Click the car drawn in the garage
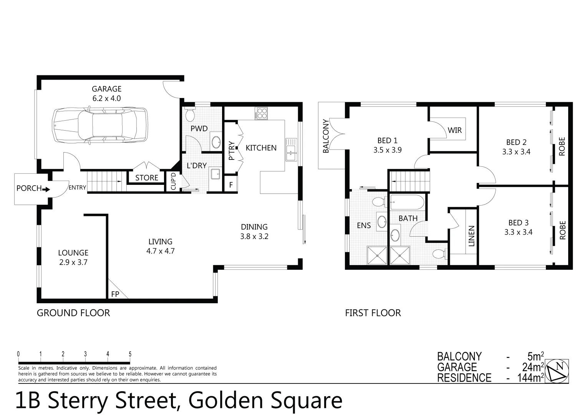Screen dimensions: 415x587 coord(100,125)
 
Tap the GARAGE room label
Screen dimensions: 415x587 coord(106,89)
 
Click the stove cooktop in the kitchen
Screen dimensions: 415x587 coord(262,113)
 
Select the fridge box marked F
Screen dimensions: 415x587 coord(231,185)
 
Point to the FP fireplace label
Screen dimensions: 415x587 coord(115,294)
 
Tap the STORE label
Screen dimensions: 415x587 coord(147,178)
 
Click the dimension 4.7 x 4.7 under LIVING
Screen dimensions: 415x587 coord(160,251)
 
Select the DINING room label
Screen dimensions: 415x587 coord(254,227)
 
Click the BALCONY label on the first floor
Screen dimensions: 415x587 coord(326,136)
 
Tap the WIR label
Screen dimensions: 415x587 coord(454,130)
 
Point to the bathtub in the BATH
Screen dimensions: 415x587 coord(407,202)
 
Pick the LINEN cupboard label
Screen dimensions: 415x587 coord(472,236)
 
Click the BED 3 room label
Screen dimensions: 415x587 coord(518,222)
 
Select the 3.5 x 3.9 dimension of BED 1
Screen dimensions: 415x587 coord(387,150)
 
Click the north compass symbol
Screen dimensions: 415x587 coord(557,372)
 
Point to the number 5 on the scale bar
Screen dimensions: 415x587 coord(130,354)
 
